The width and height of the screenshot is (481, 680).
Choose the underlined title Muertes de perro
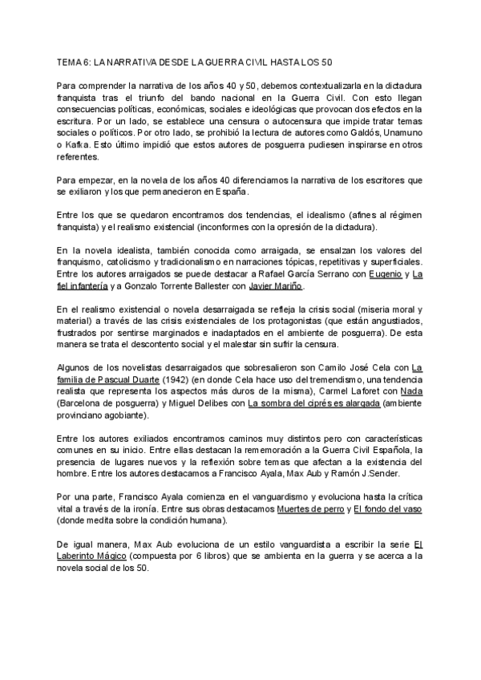tap(309, 511)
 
